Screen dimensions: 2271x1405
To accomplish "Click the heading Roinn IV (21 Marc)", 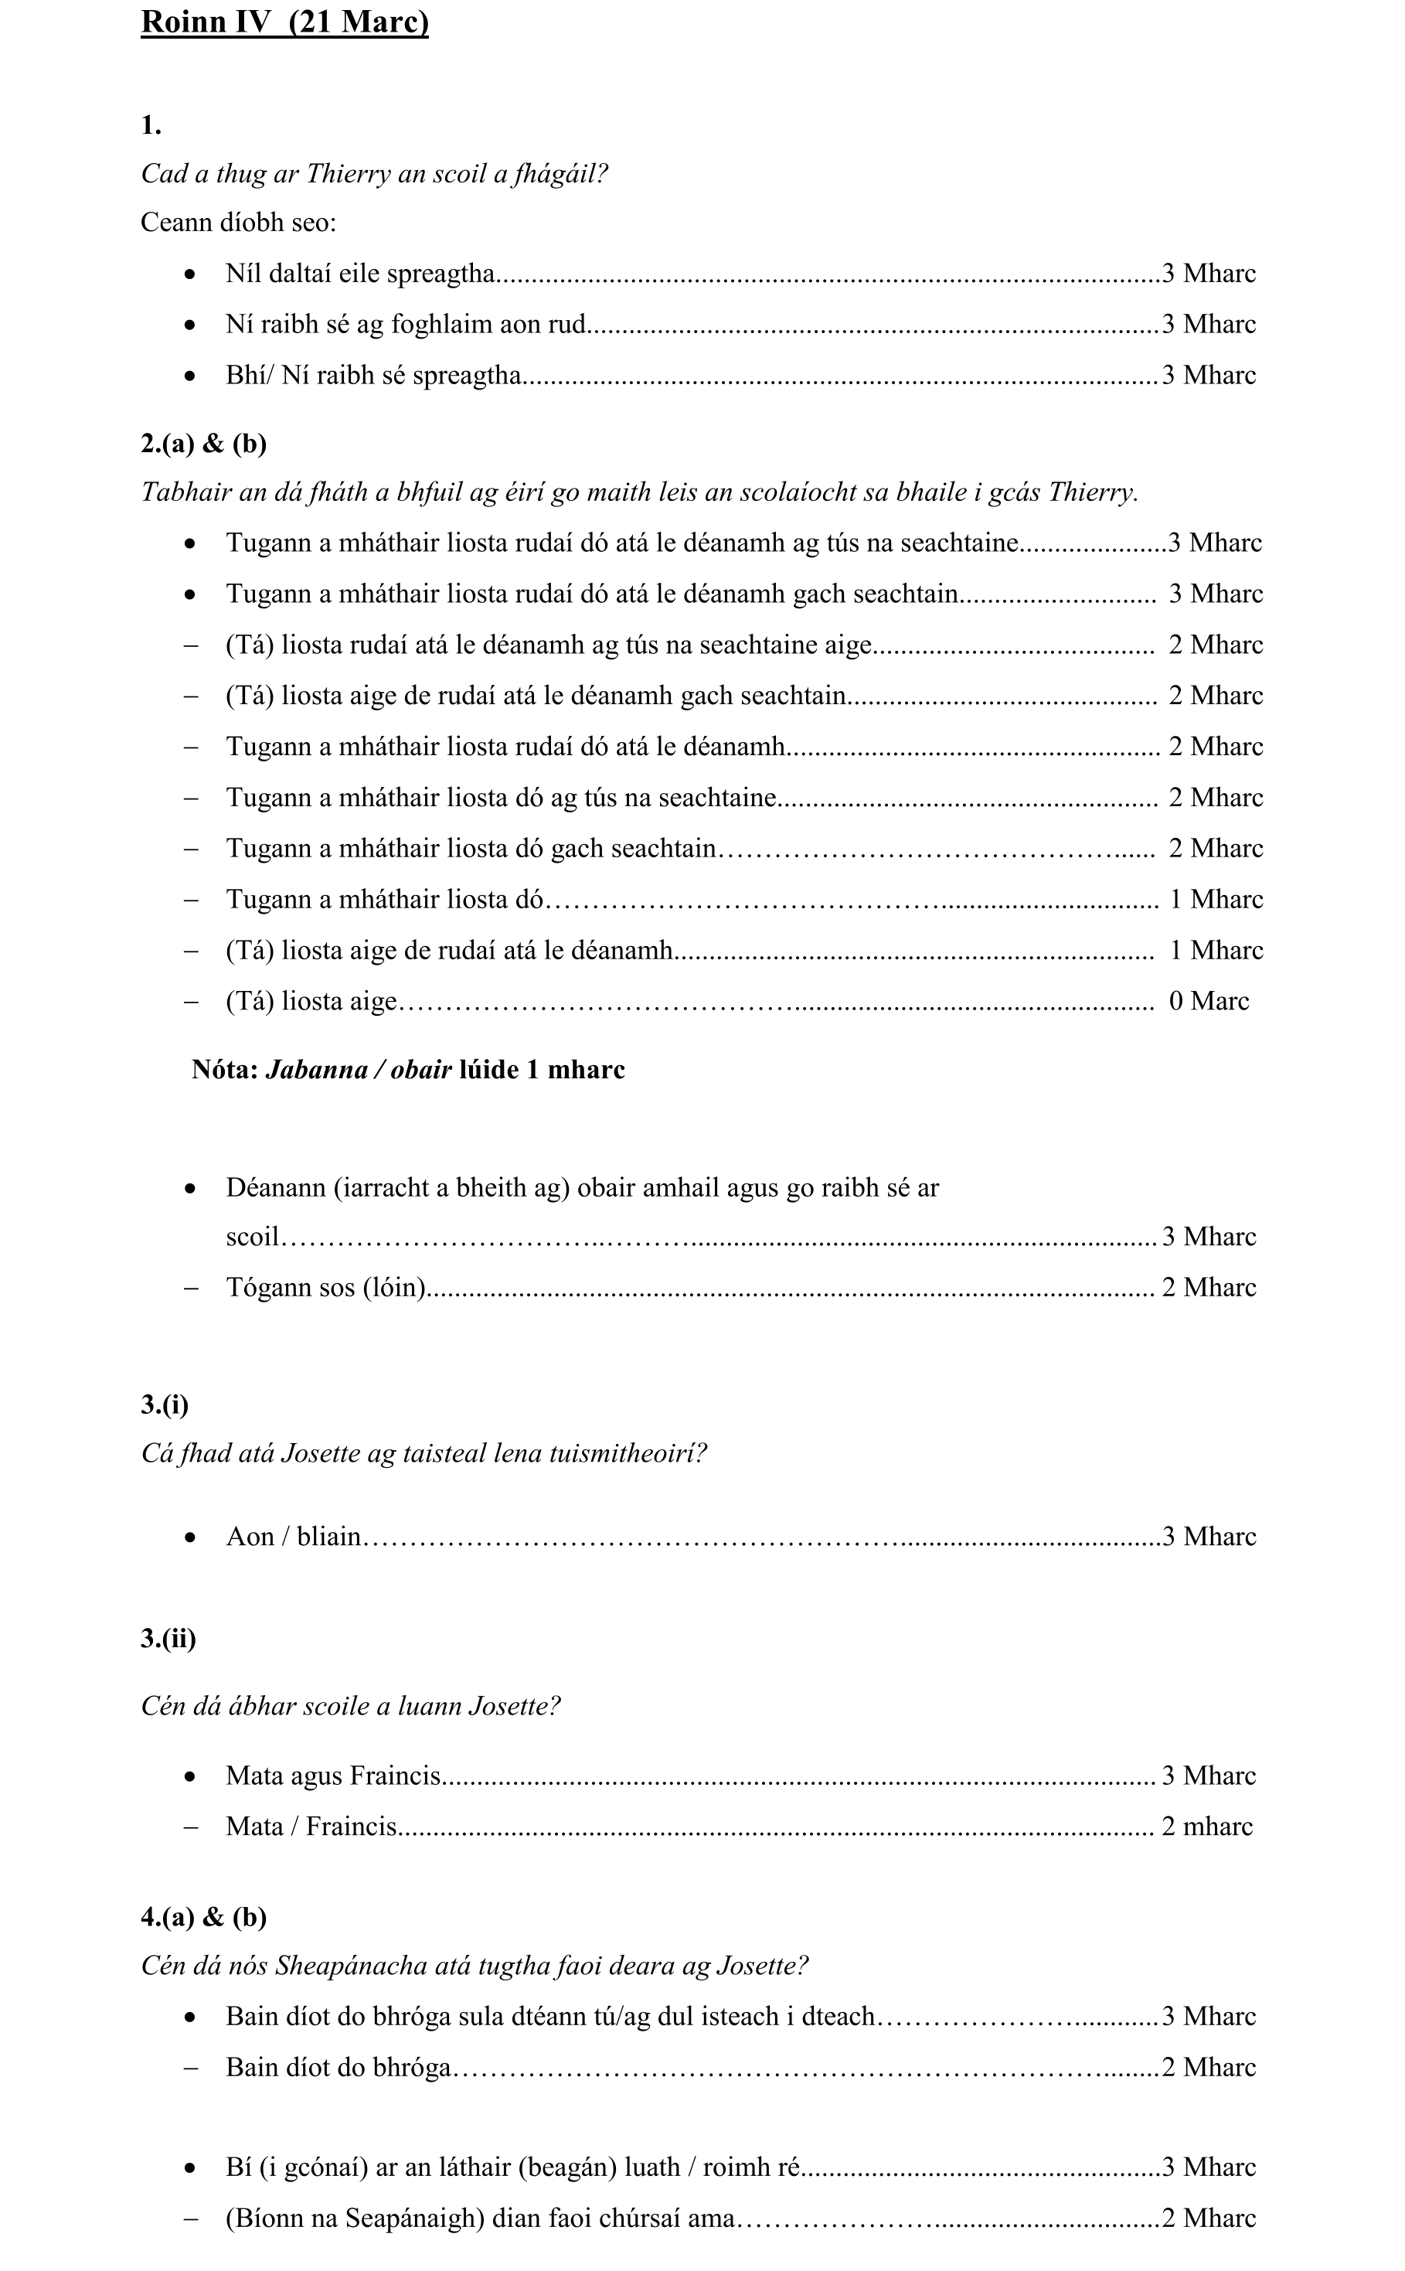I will coord(284,22).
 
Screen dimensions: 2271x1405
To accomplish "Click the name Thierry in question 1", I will coord(349,174).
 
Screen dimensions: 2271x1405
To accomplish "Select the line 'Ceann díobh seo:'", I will coord(238,223).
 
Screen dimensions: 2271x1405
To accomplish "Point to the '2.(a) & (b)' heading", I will coord(203,444).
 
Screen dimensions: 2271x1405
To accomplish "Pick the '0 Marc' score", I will coord(1208,1002).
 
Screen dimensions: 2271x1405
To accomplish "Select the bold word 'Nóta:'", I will coord(225,1071).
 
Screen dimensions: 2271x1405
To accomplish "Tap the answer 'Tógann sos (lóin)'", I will coord(326,1288).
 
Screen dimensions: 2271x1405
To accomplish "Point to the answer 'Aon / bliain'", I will coord(294,1537).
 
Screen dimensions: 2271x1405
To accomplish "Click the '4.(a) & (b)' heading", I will coord(203,1917).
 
